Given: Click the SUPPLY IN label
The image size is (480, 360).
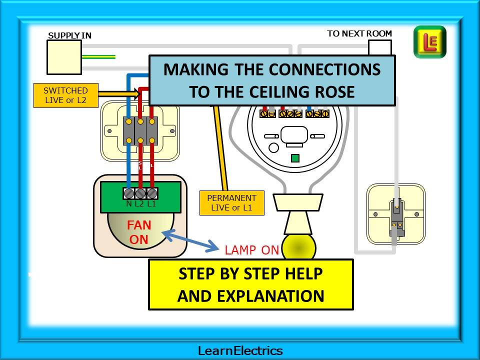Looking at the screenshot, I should click(69, 35).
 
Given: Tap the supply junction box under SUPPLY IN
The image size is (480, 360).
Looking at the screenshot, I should click(64, 57).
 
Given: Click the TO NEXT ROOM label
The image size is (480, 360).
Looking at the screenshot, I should click(359, 33).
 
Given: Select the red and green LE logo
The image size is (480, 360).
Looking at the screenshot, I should click(429, 42).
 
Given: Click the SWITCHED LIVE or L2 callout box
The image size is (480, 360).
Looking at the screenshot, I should click(65, 95).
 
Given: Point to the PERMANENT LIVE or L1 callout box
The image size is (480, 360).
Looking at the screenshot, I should click(231, 202).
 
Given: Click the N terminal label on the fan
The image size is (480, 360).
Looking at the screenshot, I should click(129, 203).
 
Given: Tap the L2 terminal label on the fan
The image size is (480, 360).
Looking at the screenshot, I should click(139, 203).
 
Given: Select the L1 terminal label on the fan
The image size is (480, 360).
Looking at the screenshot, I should click(151, 203).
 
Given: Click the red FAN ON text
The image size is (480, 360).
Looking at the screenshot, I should click(139, 232).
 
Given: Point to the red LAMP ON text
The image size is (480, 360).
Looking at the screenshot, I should click(251, 250).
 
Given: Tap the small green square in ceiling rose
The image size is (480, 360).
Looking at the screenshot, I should click(295, 158).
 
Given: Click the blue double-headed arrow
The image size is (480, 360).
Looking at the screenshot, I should click(190, 239).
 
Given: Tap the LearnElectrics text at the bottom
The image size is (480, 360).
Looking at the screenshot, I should click(240, 350).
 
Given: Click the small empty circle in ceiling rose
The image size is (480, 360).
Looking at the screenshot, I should click(273, 147).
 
